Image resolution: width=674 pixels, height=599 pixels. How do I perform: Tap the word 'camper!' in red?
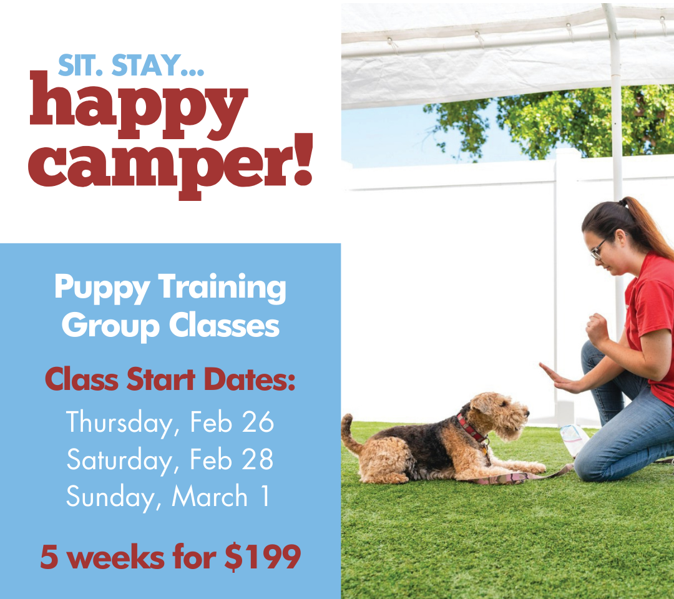tap(170, 167)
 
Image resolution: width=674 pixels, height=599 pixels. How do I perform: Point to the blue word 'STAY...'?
tap(158, 66)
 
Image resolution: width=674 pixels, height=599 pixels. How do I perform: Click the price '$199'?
tap(263, 557)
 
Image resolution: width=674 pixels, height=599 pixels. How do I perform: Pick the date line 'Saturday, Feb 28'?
tap(170, 459)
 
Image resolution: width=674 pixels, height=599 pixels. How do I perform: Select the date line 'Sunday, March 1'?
tap(168, 497)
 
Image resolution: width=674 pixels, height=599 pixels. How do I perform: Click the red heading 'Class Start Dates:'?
tap(170, 379)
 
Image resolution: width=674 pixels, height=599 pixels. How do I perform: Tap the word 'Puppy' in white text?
tap(102, 288)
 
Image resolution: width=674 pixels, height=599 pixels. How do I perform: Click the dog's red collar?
tap(472, 429)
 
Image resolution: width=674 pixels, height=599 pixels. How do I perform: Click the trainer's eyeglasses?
tap(600, 249)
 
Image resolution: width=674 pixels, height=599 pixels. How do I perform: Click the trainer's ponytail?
tap(647, 226)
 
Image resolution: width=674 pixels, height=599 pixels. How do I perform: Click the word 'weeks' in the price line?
tap(115, 557)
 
